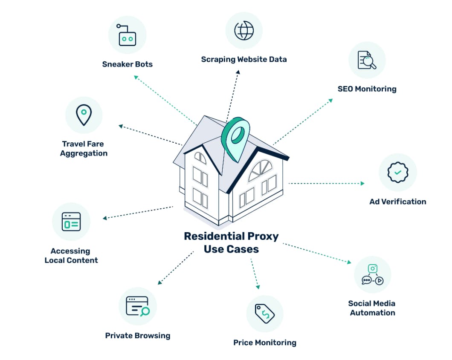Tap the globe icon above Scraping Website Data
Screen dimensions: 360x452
pos(244,30)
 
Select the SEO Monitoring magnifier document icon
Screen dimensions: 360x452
pos(367,60)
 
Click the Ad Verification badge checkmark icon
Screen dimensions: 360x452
pos(397,172)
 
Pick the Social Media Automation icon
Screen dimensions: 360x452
pos(372,275)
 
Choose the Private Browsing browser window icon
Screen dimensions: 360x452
pos(137,306)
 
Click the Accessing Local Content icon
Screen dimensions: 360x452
pos(71,222)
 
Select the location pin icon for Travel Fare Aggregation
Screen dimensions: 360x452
pos(84,115)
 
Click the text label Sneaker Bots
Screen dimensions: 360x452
pos(127,64)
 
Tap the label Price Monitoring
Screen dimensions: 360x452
pos(264,343)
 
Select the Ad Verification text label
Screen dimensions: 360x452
pos(397,202)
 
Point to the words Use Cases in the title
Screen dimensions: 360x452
pos(231,249)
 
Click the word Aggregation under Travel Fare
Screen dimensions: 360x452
pos(84,153)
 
